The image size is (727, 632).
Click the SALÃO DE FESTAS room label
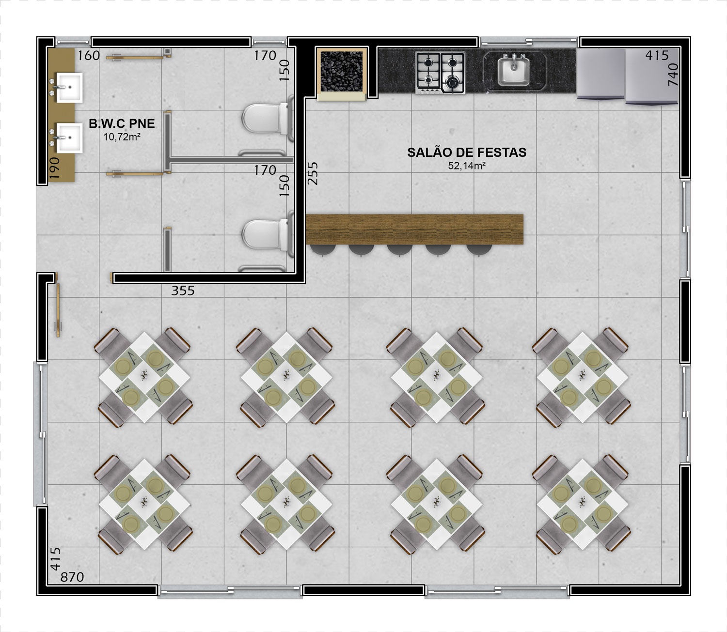tap(467, 153)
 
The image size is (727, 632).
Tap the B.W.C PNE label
tap(122, 123)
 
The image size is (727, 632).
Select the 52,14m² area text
tap(467, 166)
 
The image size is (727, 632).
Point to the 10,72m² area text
tap(122, 137)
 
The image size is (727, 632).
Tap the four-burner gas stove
tap(441, 73)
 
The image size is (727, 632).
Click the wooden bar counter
tap(414, 230)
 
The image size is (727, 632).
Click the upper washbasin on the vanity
tap(70, 88)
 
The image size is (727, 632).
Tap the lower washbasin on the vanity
tap(70, 138)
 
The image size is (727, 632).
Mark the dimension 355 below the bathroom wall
tap(183, 291)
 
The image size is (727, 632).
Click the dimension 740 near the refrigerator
tap(673, 75)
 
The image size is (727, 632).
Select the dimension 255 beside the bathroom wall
tap(313, 173)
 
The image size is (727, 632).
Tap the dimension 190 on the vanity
tap(54, 168)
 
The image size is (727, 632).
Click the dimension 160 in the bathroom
tap(89, 56)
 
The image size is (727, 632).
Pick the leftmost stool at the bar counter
tap(323, 249)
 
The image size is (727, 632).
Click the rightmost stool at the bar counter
tap(479, 249)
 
